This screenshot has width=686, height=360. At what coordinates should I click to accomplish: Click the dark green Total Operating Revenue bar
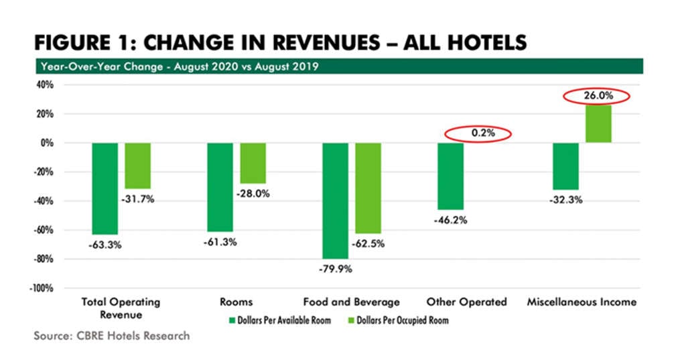click(105, 188)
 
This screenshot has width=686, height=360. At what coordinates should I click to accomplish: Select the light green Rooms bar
click(253, 163)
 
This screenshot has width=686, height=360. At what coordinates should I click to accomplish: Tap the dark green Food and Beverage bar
click(335, 200)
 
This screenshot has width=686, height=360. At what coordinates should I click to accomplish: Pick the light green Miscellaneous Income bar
click(598, 123)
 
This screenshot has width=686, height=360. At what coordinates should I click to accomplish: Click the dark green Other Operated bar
click(450, 176)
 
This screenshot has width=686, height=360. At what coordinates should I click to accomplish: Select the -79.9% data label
click(336, 269)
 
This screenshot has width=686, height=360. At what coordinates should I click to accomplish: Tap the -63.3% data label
click(105, 245)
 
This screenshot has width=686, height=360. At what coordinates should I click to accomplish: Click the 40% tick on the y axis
click(44, 85)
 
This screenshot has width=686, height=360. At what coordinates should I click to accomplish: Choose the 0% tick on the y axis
click(46, 143)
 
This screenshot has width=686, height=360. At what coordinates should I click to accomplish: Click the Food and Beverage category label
click(351, 302)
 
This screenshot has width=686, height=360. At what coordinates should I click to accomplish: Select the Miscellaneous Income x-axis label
click(580, 302)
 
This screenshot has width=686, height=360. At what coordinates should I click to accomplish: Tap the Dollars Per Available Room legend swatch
click(232, 320)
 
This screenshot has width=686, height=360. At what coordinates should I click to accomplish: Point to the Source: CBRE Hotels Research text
click(111, 336)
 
